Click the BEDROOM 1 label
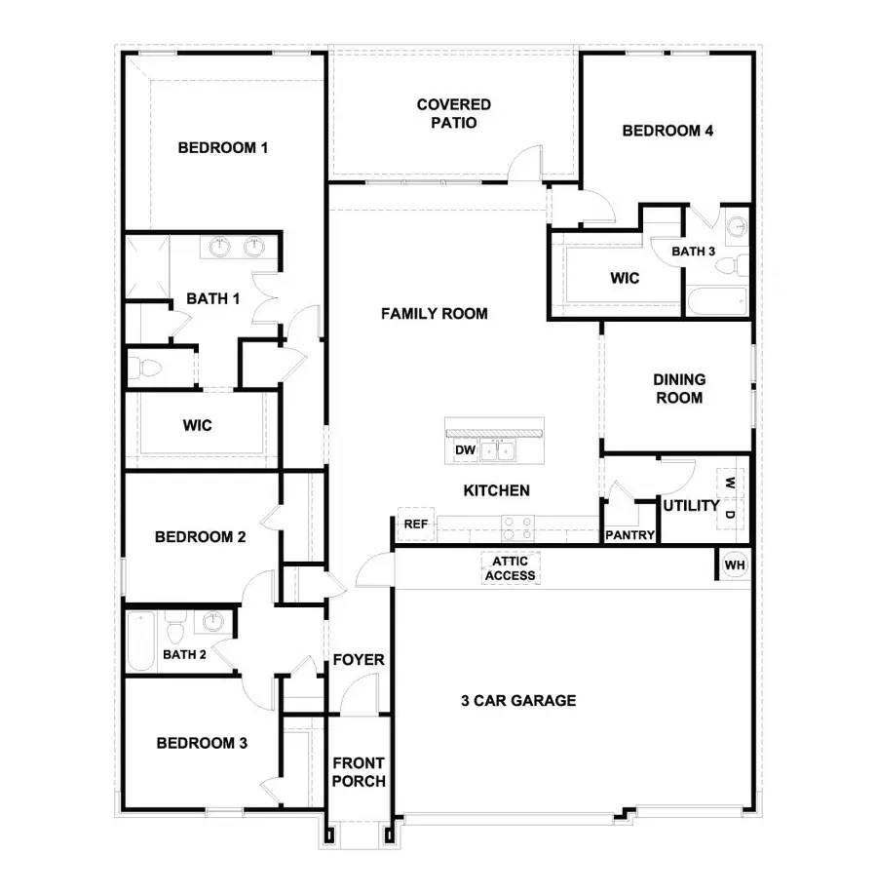point(223,148)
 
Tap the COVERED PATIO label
point(453,114)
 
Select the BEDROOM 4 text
point(667,131)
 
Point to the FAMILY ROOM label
point(434,314)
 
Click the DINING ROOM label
point(679,388)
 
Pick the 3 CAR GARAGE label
point(517,700)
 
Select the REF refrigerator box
point(416,525)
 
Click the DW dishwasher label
point(464,451)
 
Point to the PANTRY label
point(629,535)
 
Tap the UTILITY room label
point(691,506)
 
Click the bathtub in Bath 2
point(140,641)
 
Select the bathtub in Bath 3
point(716,301)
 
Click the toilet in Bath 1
point(145,369)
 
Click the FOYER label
point(359,660)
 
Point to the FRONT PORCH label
point(359,772)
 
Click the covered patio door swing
point(527,162)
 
